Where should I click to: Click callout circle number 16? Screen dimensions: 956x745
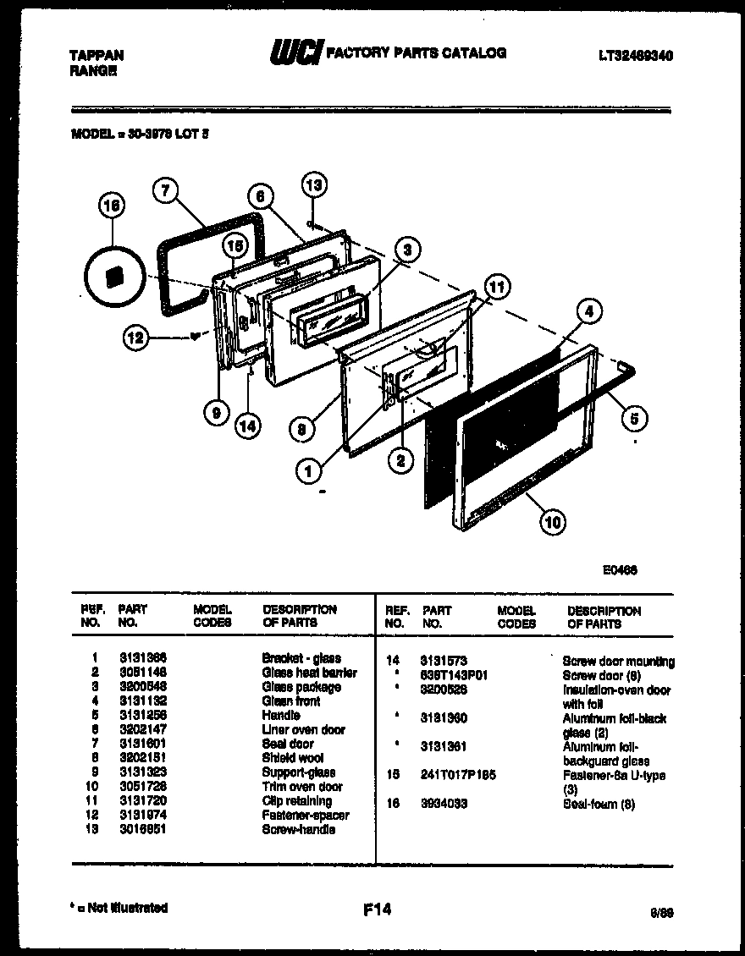coord(112,206)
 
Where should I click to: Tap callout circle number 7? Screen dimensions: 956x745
coord(166,191)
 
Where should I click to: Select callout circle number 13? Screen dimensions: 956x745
coord(314,185)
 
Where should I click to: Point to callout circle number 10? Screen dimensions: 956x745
coord(552,522)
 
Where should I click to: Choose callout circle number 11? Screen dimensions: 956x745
coord(497,288)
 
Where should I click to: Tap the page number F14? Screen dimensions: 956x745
coord(377,909)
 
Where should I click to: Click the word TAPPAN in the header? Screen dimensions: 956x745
coord(95,55)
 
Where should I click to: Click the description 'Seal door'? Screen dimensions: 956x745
coord(288,744)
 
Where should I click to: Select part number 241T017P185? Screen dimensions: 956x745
coord(458,775)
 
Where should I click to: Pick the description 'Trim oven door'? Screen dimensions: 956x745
coord(302,787)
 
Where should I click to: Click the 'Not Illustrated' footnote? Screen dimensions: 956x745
coord(119,908)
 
